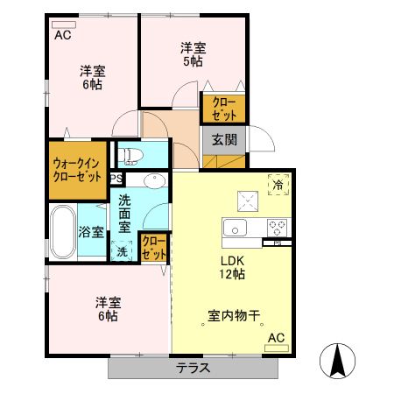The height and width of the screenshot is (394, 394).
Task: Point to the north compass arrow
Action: [x=337, y=359]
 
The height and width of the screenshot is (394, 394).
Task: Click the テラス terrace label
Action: [x=193, y=368]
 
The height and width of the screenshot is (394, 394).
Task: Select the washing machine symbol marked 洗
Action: [x=122, y=250]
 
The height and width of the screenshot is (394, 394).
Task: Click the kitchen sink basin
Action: [x=236, y=228]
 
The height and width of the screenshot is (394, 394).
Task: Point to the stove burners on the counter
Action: [x=278, y=226]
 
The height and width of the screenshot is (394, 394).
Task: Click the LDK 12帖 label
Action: [x=232, y=267]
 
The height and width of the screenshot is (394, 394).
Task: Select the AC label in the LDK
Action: [x=276, y=338]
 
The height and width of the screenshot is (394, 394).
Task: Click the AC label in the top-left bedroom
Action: [x=63, y=36]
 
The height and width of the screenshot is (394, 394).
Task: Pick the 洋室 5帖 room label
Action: [x=193, y=54]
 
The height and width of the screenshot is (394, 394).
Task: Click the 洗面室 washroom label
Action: [x=125, y=213]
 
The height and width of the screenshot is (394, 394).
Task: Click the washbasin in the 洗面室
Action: [x=154, y=181]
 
